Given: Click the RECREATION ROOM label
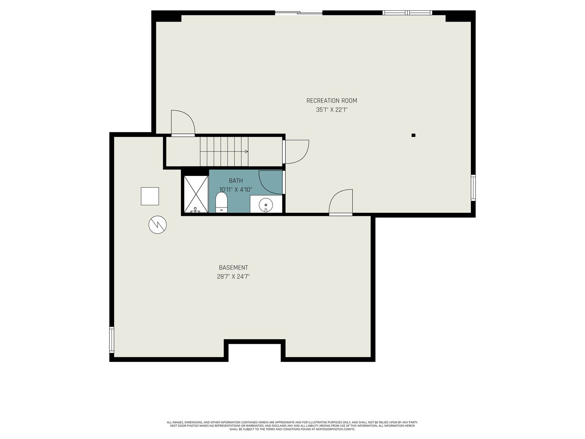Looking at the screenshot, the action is coord(332,101).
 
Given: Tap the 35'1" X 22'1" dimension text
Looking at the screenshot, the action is coord(332,110).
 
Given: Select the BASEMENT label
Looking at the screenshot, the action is coord(233,268).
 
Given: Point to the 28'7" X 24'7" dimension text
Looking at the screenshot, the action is coord(233,277).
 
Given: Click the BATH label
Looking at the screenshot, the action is coord(236,181).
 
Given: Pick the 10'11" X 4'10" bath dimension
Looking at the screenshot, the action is coord(236,190).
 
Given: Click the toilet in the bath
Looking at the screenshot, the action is coord(221,203).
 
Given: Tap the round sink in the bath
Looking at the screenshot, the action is coord(266,205).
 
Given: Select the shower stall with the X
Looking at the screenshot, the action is coord(196,194).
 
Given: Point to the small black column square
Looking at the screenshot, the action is coord(414,135).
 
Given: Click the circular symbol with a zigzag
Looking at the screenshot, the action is coord(158,225).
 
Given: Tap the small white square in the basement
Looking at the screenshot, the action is coord(150,196).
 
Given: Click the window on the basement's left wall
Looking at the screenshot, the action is coord(112,340).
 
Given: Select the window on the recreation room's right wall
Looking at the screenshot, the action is coord(473,188).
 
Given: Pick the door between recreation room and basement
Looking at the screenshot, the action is coord(341,202).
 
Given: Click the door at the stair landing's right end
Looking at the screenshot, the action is coord(296,152).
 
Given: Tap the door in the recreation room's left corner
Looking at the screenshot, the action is coord(183,123).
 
